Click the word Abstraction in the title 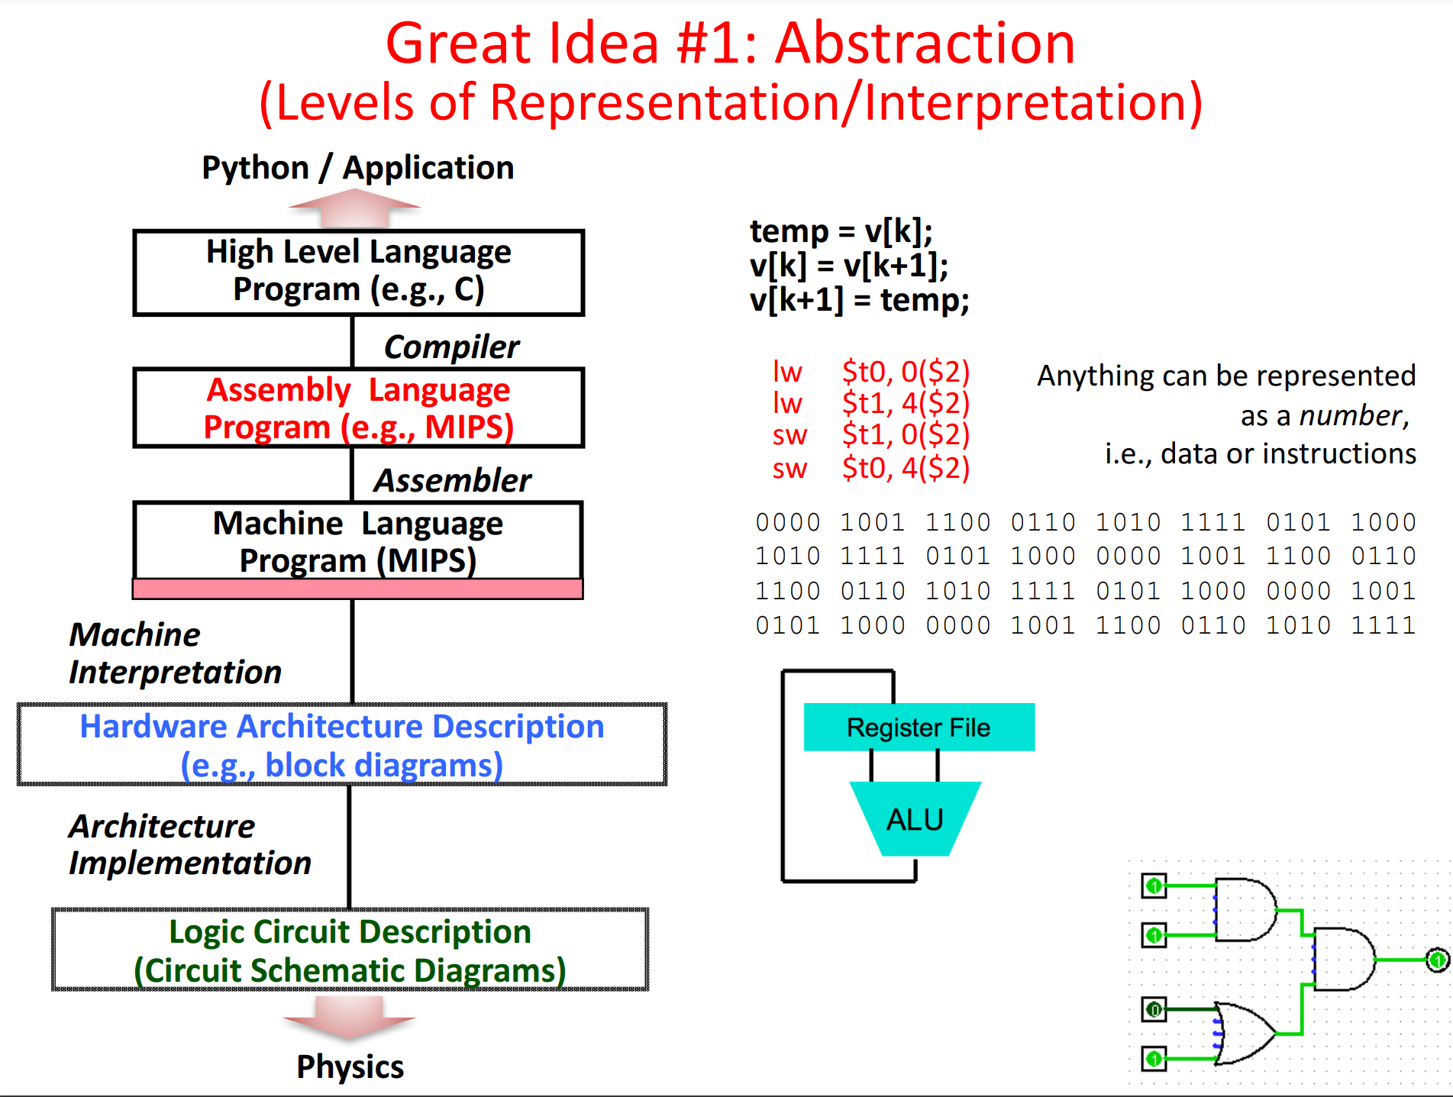click(x=925, y=44)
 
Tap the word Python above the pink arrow click(x=255, y=168)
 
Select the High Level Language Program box click(x=358, y=272)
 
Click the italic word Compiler click(x=451, y=347)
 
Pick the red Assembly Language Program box click(x=358, y=408)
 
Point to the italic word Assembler click(x=452, y=481)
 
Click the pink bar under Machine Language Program click(x=357, y=589)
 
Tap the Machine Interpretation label click(x=175, y=653)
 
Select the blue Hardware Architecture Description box click(x=342, y=744)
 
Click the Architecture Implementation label click(x=189, y=845)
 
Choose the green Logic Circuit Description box click(x=350, y=950)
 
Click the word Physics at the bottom click(x=350, y=1067)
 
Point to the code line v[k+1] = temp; click(x=859, y=300)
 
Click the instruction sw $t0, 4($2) click(x=870, y=468)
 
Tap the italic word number click(x=1351, y=416)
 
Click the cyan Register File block click(x=919, y=728)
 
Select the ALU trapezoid click(x=915, y=819)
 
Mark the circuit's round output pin click(x=1437, y=960)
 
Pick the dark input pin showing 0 click(x=1154, y=1010)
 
